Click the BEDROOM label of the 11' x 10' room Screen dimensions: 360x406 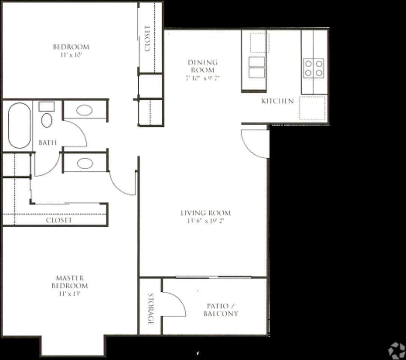pos(71,47)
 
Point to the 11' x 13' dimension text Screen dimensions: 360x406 pos(70,293)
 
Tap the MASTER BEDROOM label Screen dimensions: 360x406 pos(70,282)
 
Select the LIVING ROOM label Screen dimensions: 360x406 pos(206,213)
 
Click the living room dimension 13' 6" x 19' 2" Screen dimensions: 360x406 pos(206,221)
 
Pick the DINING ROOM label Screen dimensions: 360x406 pos(203,66)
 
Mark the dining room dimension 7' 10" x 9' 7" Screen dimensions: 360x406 pos(203,78)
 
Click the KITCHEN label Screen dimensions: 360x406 pos(277,101)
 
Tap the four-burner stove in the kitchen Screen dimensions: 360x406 pos(313,68)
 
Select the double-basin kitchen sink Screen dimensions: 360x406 pos(257,67)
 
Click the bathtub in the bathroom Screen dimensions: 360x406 pos(19,126)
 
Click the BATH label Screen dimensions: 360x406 pos(48,142)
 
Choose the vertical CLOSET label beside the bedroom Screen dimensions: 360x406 pos(147,38)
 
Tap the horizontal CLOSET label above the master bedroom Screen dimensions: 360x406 pos(59,220)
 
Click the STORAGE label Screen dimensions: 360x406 pos(150,309)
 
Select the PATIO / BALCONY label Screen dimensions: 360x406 pos(221,310)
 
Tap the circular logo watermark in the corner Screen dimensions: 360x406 pos(396,351)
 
